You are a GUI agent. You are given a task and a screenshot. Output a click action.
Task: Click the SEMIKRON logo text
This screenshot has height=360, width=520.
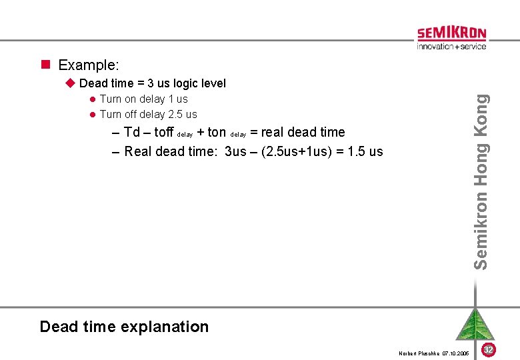tap(451, 33)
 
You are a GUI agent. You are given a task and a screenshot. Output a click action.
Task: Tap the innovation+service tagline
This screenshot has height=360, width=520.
tap(451, 47)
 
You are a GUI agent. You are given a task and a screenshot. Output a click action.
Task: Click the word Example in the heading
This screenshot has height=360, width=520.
tap(88, 65)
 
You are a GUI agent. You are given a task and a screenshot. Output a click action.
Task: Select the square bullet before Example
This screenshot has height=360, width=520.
tap(46, 65)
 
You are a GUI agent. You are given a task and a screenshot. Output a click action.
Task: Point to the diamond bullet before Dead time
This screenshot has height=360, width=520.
tap(71, 83)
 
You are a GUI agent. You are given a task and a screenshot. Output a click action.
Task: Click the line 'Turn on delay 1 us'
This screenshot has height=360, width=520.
tap(143, 99)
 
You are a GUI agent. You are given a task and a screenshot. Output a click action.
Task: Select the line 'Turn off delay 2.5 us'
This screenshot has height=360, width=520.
tap(148, 114)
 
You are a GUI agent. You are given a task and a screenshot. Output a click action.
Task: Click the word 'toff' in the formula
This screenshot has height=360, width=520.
tap(163, 132)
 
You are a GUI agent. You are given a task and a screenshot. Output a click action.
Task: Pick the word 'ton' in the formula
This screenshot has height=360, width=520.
tap(217, 132)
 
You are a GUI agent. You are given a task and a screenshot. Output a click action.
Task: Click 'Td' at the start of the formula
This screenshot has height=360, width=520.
tap(132, 132)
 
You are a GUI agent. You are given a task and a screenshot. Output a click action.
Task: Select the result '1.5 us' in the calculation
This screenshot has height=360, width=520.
tap(365, 151)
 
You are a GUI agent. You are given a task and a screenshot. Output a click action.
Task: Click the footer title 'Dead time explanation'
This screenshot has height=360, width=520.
tap(124, 327)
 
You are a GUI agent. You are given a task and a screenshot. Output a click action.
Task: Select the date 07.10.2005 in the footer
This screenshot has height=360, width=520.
tap(456, 353)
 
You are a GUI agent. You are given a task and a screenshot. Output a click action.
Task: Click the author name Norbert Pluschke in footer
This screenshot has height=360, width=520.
tap(419, 353)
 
